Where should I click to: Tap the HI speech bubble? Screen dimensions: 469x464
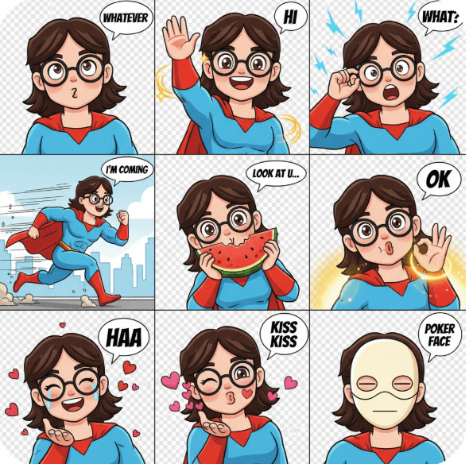[x=290, y=17]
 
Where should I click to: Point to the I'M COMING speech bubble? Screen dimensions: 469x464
[x=127, y=171]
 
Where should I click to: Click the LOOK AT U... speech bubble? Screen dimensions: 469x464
[x=276, y=175]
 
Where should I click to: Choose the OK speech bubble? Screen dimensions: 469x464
[x=439, y=180]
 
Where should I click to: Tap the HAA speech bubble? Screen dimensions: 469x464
[x=124, y=339]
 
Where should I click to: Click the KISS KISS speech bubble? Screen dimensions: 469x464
[x=284, y=335]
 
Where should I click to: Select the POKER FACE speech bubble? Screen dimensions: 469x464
[x=440, y=335]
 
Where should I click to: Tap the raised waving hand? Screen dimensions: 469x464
[x=179, y=37]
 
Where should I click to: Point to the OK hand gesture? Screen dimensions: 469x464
[x=432, y=248]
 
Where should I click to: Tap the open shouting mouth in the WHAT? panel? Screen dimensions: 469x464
[x=392, y=92]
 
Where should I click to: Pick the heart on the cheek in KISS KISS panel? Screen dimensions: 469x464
[x=247, y=393]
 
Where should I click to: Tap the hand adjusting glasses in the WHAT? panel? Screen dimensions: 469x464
[x=343, y=83]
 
